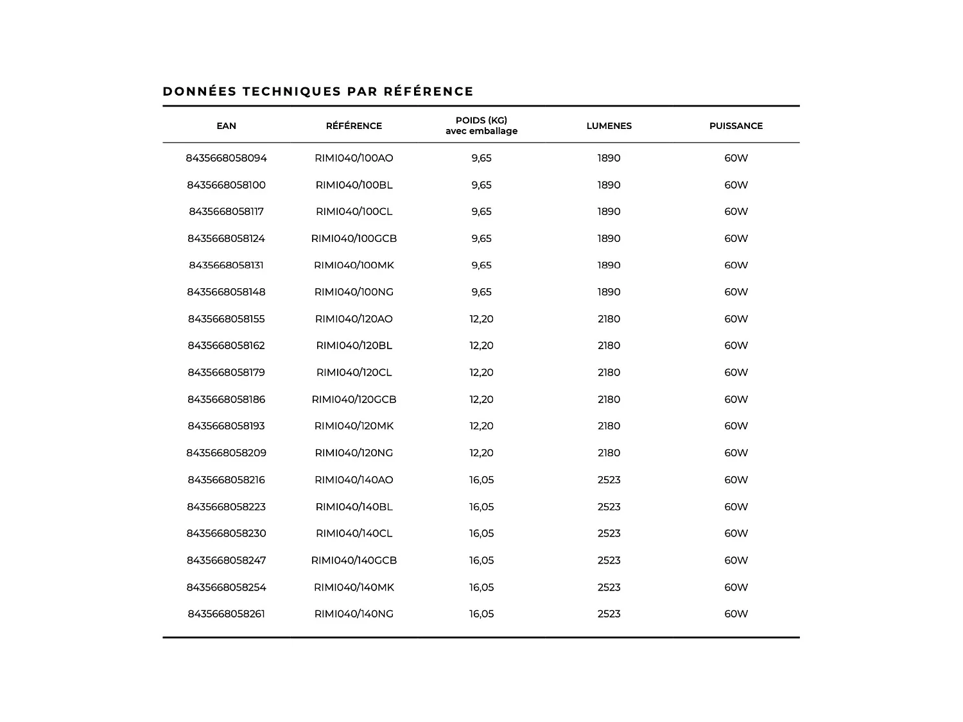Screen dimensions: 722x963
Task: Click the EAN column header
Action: pyautogui.click(x=226, y=126)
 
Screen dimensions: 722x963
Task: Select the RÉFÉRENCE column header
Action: pyautogui.click(x=354, y=126)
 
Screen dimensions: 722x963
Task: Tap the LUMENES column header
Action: pyautogui.click(x=609, y=126)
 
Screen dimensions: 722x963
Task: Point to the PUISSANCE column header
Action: pyautogui.click(x=736, y=126)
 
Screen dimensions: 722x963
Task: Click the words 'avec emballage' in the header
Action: pyautogui.click(x=481, y=131)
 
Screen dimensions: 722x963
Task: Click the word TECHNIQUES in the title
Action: pyautogui.click(x=291, y=91)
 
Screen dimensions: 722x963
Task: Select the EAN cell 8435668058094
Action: pyautogui.click(x=226, y=158)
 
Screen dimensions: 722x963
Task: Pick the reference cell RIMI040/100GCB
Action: pyautogui.click(x=354, y=238)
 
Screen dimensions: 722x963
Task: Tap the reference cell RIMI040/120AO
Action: pyautogui.click(x=354, y=319)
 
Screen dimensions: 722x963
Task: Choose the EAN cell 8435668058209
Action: pyautogui.click(x=226, y=452)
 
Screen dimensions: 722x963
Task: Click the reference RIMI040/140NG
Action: pyautogui.click(x=354, y=614)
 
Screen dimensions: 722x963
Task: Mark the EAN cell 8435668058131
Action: pyautogui.click(x=226, y=265)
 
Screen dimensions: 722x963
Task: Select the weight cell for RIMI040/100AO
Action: pyautogui.click(x=481, y=158)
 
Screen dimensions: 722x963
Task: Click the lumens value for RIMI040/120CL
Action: pyautogui.click(x=609, y=372)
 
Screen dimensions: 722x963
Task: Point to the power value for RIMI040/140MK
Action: pyautogui.click(x=736, y=587)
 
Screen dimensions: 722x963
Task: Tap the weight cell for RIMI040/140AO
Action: pyautogui.click(x=481, y=479)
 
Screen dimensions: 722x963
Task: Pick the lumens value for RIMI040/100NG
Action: pyautogui.click(x=609, y=292)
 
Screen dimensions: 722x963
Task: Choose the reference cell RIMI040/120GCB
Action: pyautogui.click(x=354, y=399)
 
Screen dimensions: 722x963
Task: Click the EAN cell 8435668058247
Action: pyautogui.click(x=226, y=560)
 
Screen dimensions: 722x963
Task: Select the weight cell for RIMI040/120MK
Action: pyautogui.click(x=481, y=425)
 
